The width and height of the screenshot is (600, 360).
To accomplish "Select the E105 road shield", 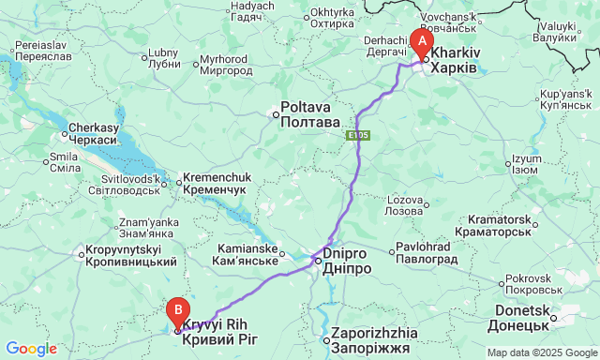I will tap(357, 136).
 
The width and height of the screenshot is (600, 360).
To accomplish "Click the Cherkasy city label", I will tap(92, 133).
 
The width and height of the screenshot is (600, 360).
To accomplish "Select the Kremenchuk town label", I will tap(214, 183).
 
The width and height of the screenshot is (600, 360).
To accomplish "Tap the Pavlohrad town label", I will tap(427, 253).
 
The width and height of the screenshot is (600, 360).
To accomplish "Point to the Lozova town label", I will tap(405, 205).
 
